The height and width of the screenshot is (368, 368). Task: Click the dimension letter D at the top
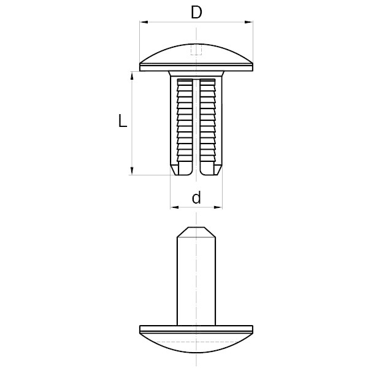click(x=196, y=12)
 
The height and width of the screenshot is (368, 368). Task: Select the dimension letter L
click(x=123, y=122)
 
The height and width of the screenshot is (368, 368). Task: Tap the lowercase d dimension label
click(x=196, y=197)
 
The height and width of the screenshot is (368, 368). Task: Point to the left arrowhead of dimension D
click(x=144, y=23)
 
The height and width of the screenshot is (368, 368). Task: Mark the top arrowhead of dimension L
click(x=132, y=75)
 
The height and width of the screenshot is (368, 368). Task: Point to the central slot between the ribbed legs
click(x=196, y=123)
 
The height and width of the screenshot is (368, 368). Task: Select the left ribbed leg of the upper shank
click(x=183, y=117)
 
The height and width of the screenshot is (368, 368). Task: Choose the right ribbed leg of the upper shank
click(x=208, y=117)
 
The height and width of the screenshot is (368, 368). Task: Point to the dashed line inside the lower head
click(x=196, y=338)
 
